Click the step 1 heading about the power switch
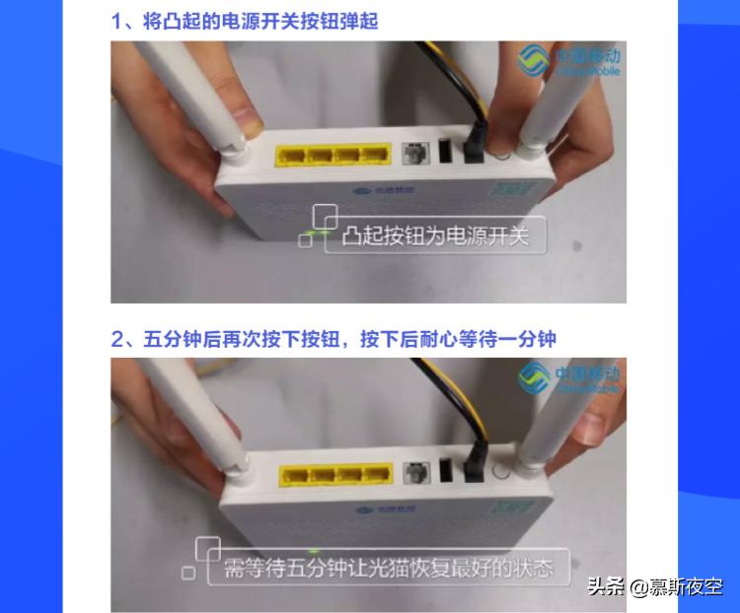click(x=244, y=21)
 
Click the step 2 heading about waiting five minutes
click(x=333, y=339)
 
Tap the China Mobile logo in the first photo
click(x=569, y=62)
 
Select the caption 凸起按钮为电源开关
click(x=434, y=237)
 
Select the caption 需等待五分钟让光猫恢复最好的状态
click(x=386, y=568)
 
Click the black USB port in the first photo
click(x=444, y=154)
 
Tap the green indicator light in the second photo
click(x=314, y=550)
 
